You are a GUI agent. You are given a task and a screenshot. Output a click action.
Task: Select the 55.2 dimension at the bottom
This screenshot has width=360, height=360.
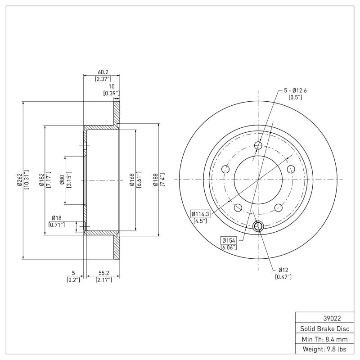coord(103,273)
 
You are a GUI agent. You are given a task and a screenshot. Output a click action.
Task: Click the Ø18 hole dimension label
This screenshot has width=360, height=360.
coord(56,218)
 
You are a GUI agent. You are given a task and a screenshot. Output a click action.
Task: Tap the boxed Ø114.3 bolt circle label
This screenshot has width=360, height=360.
coord(200,214)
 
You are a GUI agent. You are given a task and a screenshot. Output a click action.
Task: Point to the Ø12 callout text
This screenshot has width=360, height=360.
coord(283,270)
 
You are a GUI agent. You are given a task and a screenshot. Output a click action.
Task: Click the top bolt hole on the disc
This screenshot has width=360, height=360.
coord(258,145)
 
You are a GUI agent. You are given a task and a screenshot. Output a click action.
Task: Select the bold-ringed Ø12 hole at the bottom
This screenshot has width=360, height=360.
coord(258,226)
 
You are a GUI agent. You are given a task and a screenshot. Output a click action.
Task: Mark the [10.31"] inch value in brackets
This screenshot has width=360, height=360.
coord(26,180)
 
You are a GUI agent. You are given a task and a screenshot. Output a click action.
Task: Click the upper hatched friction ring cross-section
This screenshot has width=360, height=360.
coord(117,112)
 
